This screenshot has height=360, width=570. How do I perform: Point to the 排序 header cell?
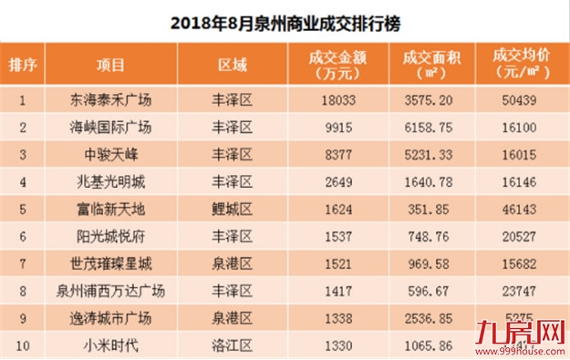point(24,66)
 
